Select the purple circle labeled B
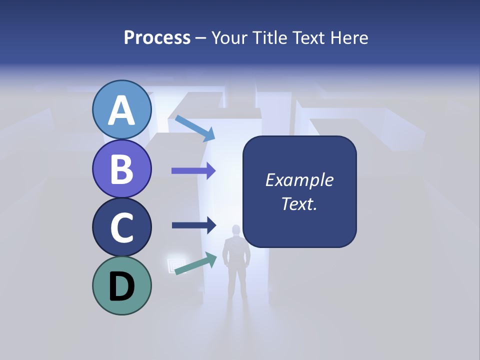(x=122, y=168)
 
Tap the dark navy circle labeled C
(x=122, y=227)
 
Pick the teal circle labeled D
(x=122, y=285)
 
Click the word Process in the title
(x=157, y=37)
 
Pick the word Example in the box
(x=299, y=180)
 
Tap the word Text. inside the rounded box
(x=299, y=203)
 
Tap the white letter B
(x=122, y=169)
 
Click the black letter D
(x=122, y=286)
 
